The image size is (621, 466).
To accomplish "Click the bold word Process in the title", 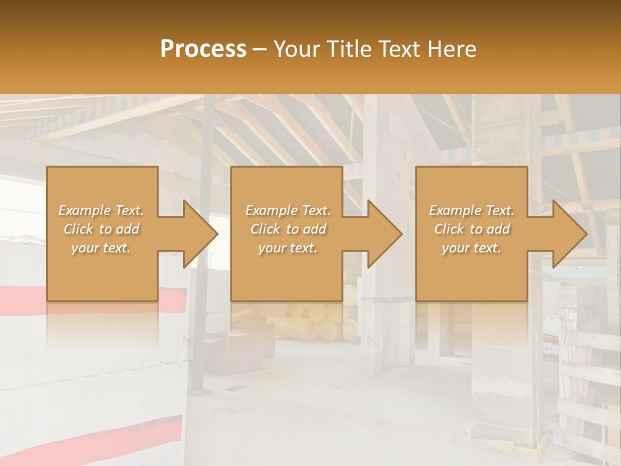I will [203, 49].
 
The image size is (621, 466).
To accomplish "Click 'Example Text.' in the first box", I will [101, 210].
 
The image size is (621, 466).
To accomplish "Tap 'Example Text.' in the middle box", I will [288, 210].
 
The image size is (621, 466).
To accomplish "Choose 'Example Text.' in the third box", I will [472, 210].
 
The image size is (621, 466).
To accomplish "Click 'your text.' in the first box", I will [101, 248].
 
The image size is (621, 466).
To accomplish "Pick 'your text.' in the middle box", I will [288, 248].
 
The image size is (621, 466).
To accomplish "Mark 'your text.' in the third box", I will [472, 248].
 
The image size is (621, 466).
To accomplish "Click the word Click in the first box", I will [78, 229].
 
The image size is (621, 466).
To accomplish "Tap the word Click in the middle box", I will [265, 229].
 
